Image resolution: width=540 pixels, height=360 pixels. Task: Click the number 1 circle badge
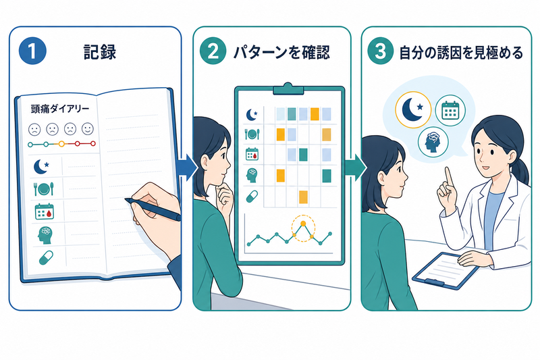click(32, 51)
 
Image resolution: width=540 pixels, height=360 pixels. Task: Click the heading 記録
click(100, 52)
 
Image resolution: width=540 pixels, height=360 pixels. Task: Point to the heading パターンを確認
click(281, 53)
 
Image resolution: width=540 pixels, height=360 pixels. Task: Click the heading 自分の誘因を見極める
click(461, 53)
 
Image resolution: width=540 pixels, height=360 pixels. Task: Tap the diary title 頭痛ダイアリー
click(60, 109)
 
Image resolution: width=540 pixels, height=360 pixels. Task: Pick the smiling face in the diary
click(88, 128)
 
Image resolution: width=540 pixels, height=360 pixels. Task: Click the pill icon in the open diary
click(46, 258)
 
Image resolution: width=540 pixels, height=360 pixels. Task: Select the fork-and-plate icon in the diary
click(44, 189)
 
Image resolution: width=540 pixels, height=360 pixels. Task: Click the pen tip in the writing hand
click(126, 200)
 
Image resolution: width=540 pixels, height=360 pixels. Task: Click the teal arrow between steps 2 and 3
click(356, 168)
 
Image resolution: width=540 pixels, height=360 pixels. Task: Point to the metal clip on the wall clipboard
click(289, 89)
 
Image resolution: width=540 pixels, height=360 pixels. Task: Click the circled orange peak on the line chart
click(303, 224)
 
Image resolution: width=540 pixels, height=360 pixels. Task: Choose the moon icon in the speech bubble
click(413, 110)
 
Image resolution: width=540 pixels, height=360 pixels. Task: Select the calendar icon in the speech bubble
click(450, 111)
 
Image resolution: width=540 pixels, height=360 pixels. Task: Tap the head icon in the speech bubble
click(433, 142)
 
